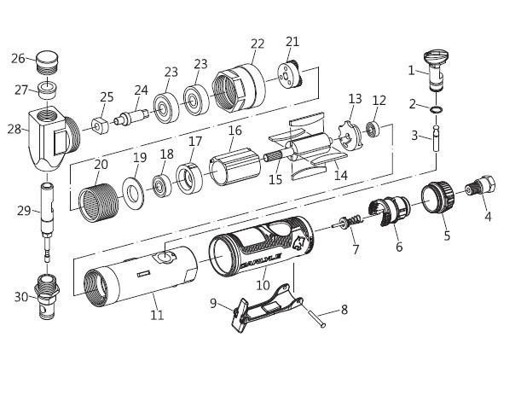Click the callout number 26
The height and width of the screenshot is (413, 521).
(18, 59)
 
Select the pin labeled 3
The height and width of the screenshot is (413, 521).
(437, 138)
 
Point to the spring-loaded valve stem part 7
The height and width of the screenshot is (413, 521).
(348, 222)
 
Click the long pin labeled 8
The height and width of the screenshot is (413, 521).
(315, 318)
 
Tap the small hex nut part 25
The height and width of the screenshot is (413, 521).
(100, 126)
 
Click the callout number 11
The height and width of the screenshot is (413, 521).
(157, 315)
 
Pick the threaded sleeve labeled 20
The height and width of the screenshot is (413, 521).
(98, 203)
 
